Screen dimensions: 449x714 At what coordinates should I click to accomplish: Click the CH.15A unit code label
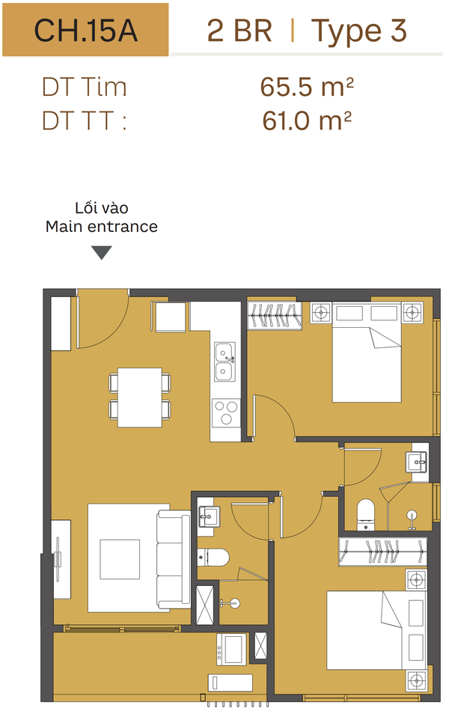(85, 31)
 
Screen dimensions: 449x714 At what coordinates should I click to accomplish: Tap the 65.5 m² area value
(307, 87)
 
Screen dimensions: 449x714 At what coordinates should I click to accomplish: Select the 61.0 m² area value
(307, 120)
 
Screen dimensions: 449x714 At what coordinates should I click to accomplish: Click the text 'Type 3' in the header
(359, 31)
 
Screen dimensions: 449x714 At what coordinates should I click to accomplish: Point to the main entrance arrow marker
(102, 252)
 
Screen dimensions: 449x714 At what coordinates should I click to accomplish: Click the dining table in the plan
(140, 397)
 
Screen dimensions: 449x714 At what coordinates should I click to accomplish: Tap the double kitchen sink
(225, 362)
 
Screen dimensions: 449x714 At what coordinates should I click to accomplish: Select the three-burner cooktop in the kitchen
(226, 413)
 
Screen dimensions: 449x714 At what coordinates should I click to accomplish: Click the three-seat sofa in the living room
(174, 560)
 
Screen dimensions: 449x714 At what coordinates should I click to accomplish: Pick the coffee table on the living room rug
(120, 559)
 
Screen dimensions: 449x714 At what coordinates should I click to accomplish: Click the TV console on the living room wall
(61, 559)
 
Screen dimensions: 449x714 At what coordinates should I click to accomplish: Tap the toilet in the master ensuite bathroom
(366, 515)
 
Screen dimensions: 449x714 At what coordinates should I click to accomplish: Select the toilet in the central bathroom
(213, 557)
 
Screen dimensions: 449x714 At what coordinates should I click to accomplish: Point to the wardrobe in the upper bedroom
(275, 315)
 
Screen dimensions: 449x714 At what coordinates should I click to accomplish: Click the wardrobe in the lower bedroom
(383, 552)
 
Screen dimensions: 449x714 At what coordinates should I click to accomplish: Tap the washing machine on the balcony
(231, 648)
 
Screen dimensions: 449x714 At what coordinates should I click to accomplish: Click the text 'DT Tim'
(85, 87)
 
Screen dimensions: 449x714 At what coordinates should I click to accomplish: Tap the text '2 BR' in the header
(239, 31)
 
